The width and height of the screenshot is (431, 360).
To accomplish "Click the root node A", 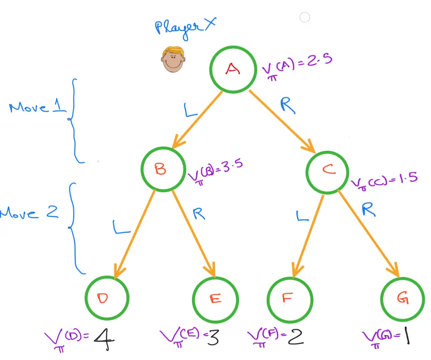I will point(233,69).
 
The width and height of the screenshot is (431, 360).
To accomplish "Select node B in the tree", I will point(163,169).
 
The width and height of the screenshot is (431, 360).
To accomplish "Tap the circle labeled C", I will point(328,170).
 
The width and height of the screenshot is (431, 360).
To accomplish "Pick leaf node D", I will point(106,298).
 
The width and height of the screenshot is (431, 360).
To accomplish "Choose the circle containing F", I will point(290,298).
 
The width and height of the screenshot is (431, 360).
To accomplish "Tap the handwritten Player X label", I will point(185,29).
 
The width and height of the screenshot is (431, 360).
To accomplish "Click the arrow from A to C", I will point(282,121).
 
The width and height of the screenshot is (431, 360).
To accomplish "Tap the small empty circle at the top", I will point(305,17).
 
